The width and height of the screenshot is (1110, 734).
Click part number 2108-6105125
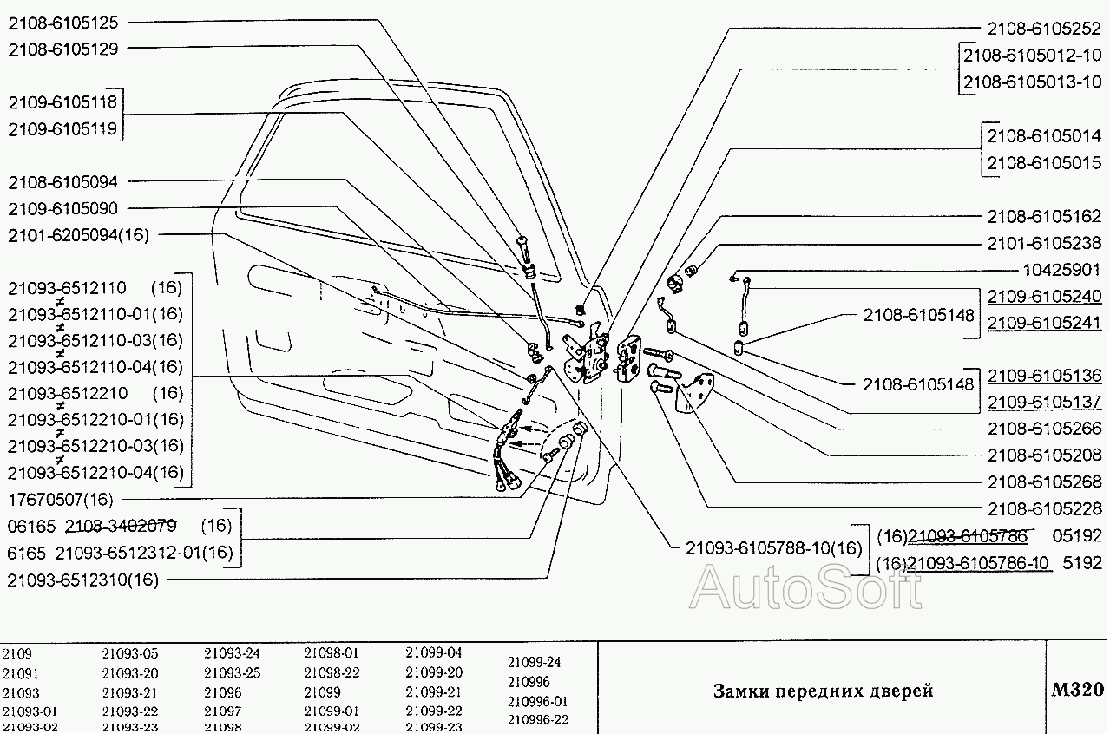[64, 23]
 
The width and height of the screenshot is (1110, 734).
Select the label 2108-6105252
[1045, 28]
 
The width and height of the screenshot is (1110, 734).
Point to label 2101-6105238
[1045, 243]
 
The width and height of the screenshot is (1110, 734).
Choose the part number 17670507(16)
[60, 499]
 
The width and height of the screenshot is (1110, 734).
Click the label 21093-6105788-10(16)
[774, 547]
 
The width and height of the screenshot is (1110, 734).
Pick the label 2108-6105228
[1045, 508]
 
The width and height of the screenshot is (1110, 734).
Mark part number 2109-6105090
[63, 208]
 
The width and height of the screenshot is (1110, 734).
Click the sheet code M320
[1077, 690]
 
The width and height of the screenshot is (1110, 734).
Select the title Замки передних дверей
[823, 691]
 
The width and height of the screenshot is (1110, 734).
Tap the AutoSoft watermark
[805, 587]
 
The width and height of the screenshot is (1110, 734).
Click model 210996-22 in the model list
[537, 719]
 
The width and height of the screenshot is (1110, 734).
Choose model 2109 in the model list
[16, 653]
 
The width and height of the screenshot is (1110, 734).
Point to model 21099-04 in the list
[434, 652]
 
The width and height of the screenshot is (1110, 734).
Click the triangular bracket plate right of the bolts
[698, 391]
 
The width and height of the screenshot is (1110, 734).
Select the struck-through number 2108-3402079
[122, 525]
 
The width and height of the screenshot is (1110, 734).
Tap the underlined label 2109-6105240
[1045, 297]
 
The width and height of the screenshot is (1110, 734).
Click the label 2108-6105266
[1045, 428]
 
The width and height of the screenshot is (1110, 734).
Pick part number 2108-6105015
[1045, 162]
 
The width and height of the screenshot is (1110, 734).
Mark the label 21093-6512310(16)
[82, 580]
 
